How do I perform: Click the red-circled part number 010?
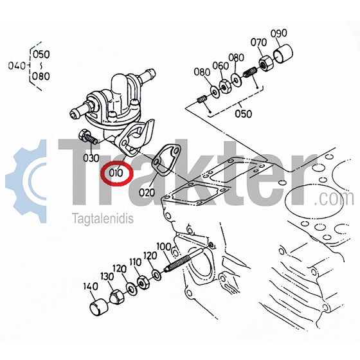116,173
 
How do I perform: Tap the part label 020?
147,192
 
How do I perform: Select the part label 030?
91,158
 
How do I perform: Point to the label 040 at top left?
17,66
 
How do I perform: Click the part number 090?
279,33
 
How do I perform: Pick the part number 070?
258,42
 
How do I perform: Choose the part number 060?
221,66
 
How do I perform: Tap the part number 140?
91,287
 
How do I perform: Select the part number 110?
135,262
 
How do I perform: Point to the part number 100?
164,247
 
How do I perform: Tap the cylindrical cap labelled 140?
98,307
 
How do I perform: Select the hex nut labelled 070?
266,64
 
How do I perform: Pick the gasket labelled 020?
166,159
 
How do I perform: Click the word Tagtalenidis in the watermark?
103,218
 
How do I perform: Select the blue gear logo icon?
26,181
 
